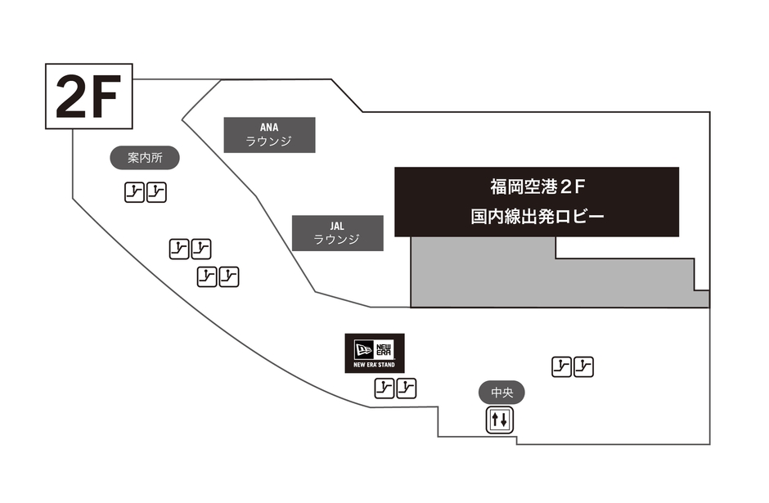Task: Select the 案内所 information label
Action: point(144,158)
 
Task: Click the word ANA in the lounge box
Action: point(269,128)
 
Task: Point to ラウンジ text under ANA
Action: point(269,141)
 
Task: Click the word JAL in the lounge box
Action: point(337,226)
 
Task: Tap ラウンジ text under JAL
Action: point(337,240)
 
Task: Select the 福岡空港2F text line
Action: point(537,187)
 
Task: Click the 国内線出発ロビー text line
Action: point(537,217)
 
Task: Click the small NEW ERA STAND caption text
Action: point(375,364)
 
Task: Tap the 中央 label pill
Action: point(501,393)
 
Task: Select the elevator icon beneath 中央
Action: point(501,420)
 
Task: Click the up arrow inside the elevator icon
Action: point(496,420)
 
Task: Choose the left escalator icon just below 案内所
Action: point(134,192)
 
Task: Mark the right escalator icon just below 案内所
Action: point(157,192)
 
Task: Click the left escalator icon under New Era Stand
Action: point(384,388)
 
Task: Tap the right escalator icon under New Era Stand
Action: point(407,388)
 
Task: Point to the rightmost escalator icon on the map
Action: point(583,366)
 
